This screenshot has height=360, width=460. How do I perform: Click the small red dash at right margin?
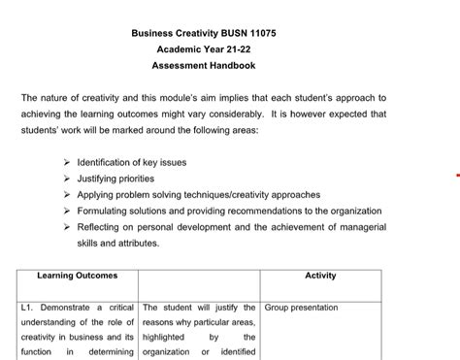pos(456,177)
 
